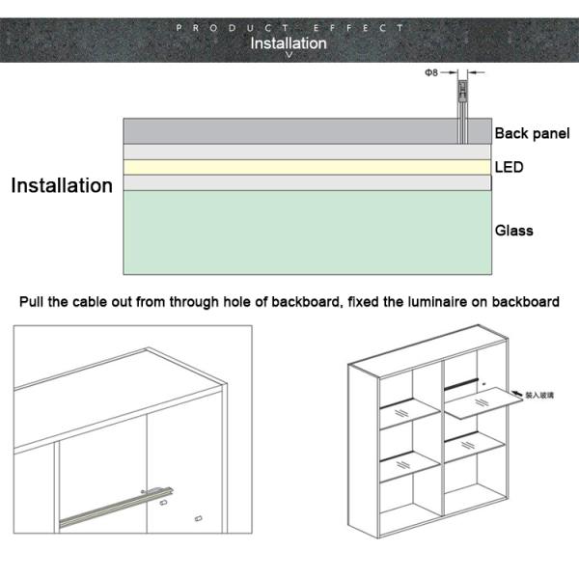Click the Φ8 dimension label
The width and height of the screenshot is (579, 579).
pyautogui.click(x=432, y=72)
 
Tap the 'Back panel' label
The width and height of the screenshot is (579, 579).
pyautogui.click(x=532, y=133)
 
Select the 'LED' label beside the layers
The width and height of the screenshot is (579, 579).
pyautogui.click(x=509, y=167)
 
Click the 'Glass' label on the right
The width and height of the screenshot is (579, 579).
pyautogui.click(x=513, y=231)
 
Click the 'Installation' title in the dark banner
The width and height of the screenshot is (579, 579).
pyautogui.click(x=289, y=42)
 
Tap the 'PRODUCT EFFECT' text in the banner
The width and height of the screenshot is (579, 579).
pyautogui.click(x=289, y=28)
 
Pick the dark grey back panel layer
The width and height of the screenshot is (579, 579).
pyautogui.click(x=289, y=131)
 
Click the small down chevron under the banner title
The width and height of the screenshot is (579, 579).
pyautogui.click(x=289, y=55)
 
